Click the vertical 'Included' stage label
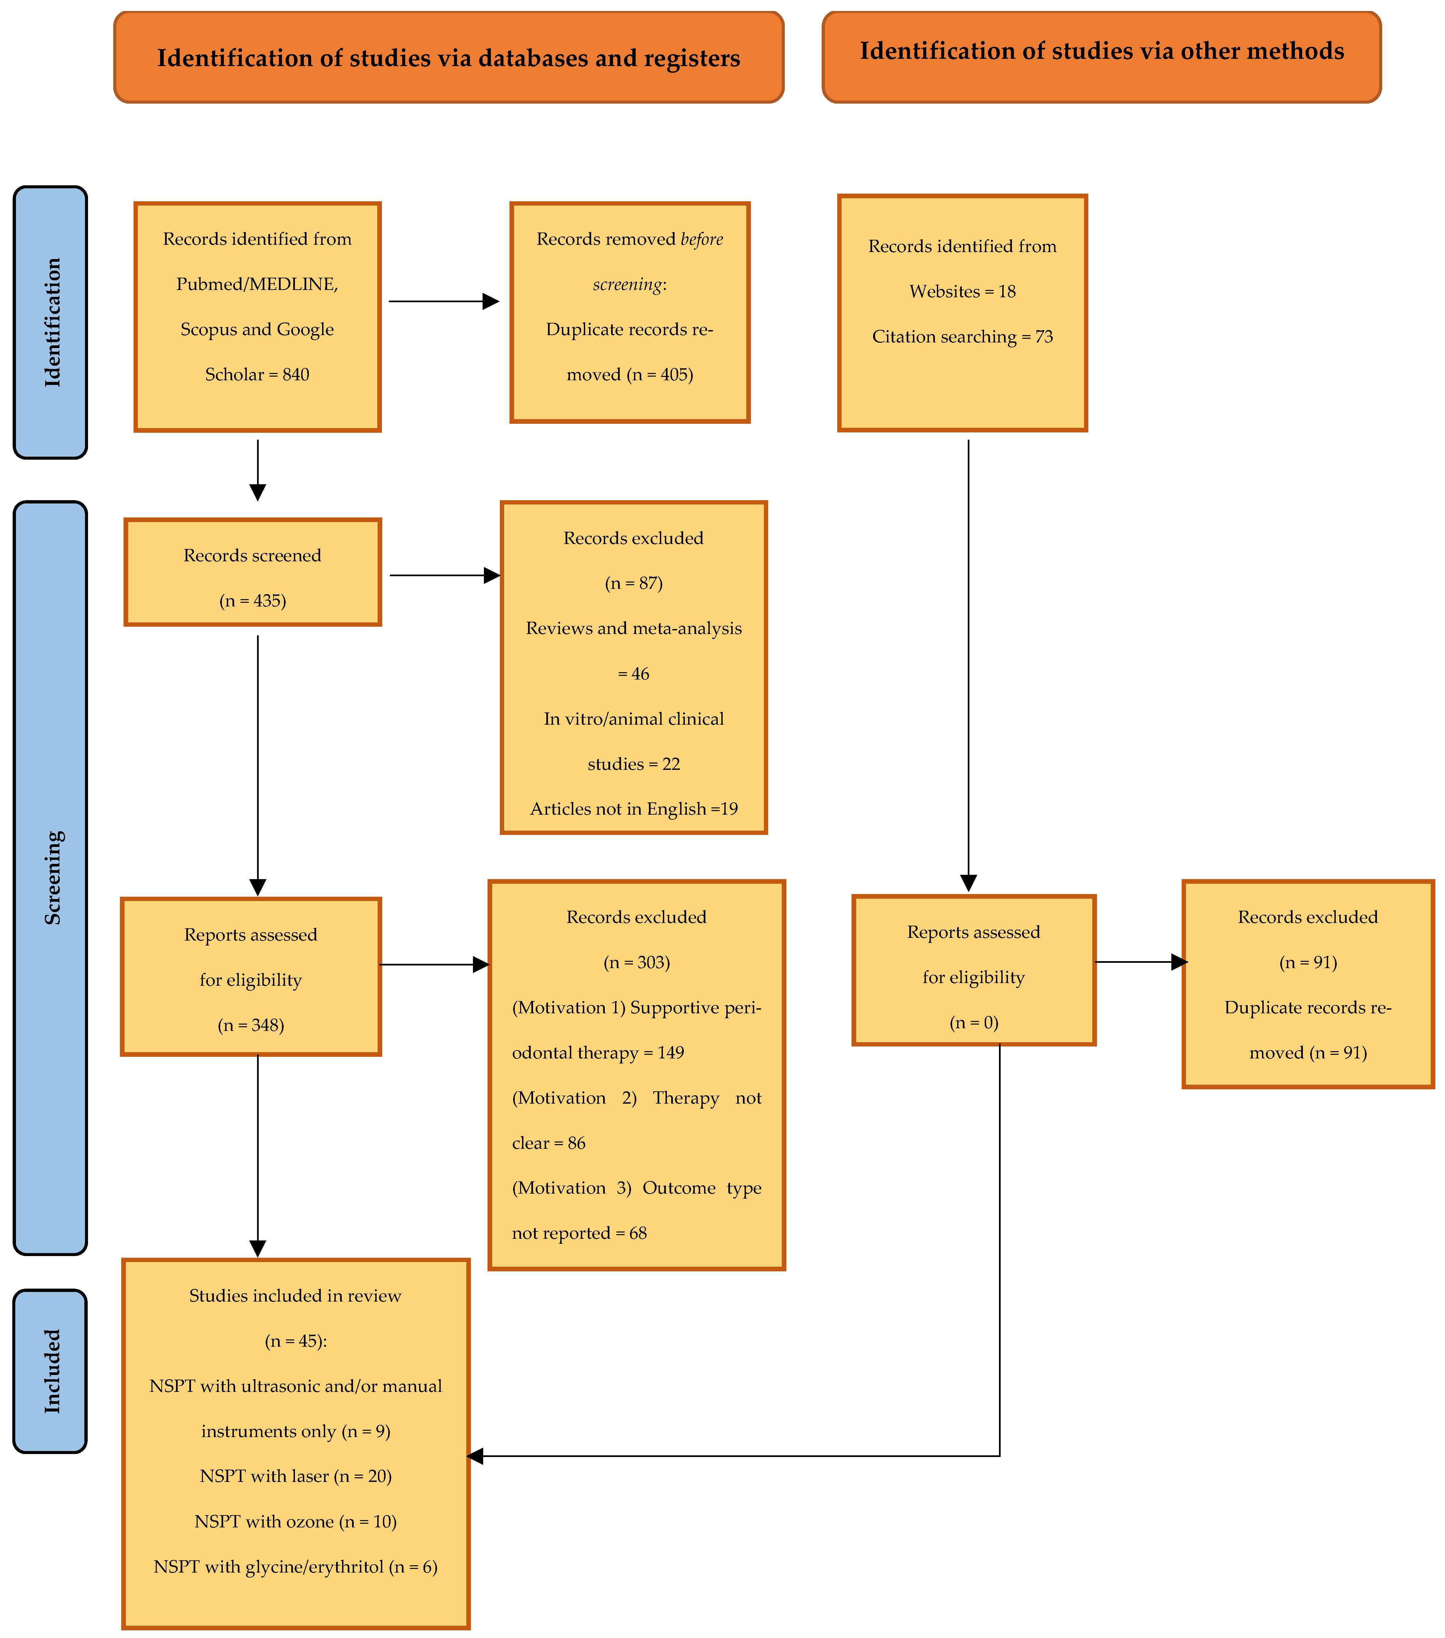pos(51,1371)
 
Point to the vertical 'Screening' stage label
pos(51,877)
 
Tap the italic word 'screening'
pos(628,285)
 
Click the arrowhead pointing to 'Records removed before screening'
pos(491,301)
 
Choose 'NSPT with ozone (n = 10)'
pos(296,1521)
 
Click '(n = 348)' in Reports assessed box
pos(251,1025)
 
